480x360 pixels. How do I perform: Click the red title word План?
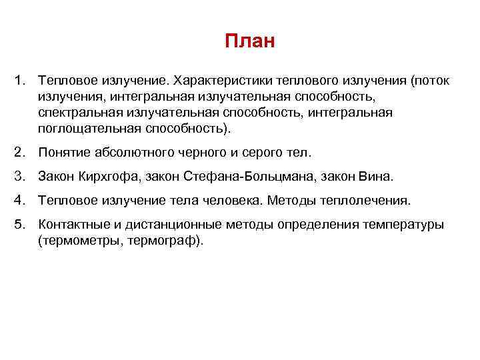pyautogui.click(x=249, y=42)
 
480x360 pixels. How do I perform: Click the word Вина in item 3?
pyautogui.click(x=377, y=177)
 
